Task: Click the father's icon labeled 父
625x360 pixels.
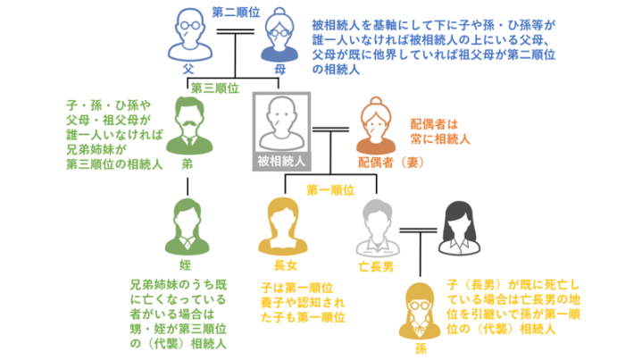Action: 188,35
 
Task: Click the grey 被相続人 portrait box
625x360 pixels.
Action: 282,130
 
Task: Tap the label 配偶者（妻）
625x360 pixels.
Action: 387,163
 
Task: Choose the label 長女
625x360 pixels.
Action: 284,265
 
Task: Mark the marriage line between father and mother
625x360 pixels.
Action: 234,35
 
